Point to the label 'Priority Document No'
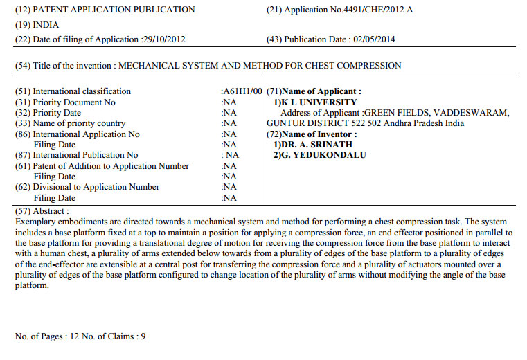coord(74,102)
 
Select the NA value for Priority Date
coord(229,113)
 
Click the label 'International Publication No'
coord(85,155)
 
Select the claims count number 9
coord(143,336)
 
